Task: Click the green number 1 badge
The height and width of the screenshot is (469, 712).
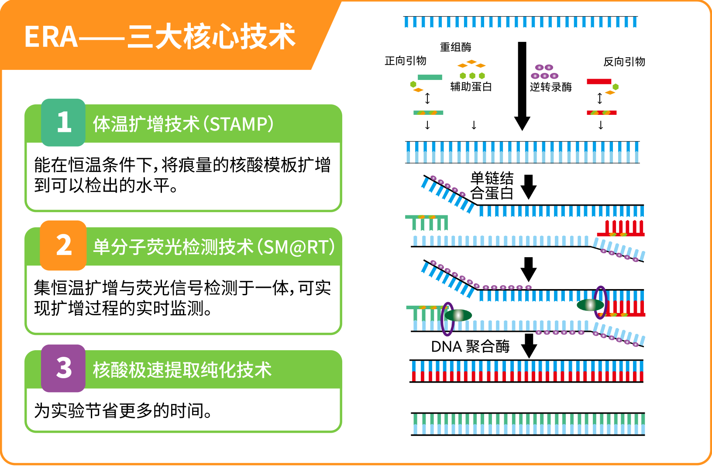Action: coord(63,122)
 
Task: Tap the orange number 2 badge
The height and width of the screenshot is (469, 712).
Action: coord(63,245)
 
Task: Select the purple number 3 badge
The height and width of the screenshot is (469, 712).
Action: coord(63,368)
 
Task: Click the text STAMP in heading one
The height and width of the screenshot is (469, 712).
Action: coord(238,124)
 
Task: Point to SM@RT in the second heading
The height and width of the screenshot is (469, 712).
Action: coord(296,247)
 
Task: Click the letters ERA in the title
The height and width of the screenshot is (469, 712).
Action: coord(51,37)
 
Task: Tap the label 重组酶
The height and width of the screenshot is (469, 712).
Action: coord(455,47)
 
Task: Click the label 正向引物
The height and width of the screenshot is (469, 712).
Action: coord(405,61)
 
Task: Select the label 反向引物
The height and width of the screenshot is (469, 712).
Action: coord(624,62)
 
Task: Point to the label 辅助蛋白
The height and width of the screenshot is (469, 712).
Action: coord(471,86)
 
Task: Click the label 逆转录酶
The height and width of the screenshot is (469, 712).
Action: coord(551,87)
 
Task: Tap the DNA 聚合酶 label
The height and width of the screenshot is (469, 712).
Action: coord(471,347)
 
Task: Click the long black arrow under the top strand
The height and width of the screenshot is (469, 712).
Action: coord(522,86)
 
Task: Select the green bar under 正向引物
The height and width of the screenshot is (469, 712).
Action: coord(430,77)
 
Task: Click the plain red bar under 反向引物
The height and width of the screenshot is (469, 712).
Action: coord(599,82)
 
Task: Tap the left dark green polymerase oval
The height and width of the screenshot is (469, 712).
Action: coord(458,315)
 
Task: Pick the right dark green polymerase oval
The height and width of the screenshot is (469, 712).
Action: coord(590,305)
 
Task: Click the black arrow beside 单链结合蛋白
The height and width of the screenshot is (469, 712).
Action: coord(529,187)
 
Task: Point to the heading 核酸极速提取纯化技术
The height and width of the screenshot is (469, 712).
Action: coord(182,370)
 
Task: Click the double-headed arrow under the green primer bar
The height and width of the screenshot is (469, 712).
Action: coord(427,98)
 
